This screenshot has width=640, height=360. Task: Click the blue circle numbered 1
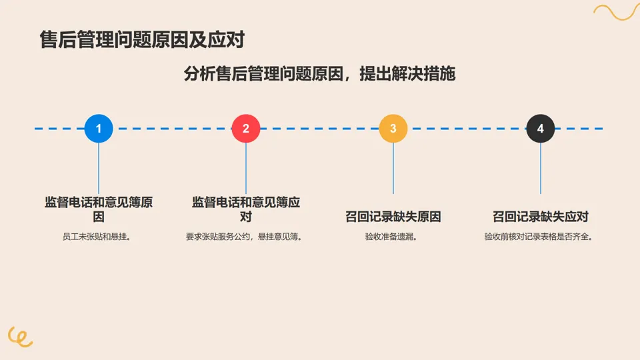pos(99,129)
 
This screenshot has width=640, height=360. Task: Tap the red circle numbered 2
pos(246,129)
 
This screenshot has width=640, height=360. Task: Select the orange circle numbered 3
pos(393,129)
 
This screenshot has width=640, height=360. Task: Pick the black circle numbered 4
pos(540,129)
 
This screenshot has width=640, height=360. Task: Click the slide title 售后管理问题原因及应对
pos(142,40)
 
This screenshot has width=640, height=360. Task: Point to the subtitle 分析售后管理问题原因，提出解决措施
pos(319,73)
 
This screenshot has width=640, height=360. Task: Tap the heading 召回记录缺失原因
pos(393,217)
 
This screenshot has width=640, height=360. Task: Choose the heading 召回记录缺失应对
pos(540,217)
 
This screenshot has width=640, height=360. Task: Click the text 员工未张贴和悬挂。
pos(99,237)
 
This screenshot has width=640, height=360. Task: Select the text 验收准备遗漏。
pos(393,237)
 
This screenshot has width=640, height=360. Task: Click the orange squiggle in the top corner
pos(616,12)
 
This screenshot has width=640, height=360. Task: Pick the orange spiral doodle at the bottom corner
pos(20,337)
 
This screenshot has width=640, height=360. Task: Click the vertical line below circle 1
pos(99,168)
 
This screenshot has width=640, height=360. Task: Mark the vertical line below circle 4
pos(540,168)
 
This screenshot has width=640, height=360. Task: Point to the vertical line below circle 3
pos(393,168)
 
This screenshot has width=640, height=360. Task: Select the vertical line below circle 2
pos(246,168)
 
